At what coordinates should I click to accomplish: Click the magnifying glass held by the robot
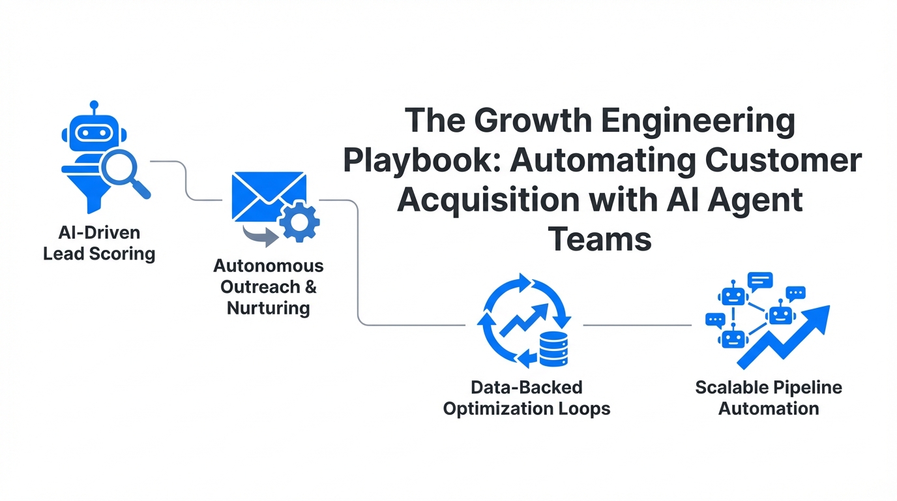tap(120, 167)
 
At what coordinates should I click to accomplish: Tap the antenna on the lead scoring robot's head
tap(94, 106)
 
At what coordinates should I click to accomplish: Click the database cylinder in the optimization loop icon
tap(553, 348)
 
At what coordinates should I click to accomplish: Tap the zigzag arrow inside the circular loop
tap(522, 320)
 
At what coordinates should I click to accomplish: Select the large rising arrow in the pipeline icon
tap(789, 333)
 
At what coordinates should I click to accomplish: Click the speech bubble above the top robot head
tap(761, 281)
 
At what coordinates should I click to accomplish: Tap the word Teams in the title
tap(600, 239)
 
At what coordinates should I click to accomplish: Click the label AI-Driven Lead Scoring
tap(99, 243)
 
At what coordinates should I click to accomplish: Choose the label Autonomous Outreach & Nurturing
tap(269, 286)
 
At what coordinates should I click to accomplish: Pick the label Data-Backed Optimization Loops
tap(527, 398)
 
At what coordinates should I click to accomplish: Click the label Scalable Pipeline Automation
tap(769, 398)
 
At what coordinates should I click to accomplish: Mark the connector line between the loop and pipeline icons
tap(637, 324)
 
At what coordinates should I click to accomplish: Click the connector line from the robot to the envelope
tap(186, 179)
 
